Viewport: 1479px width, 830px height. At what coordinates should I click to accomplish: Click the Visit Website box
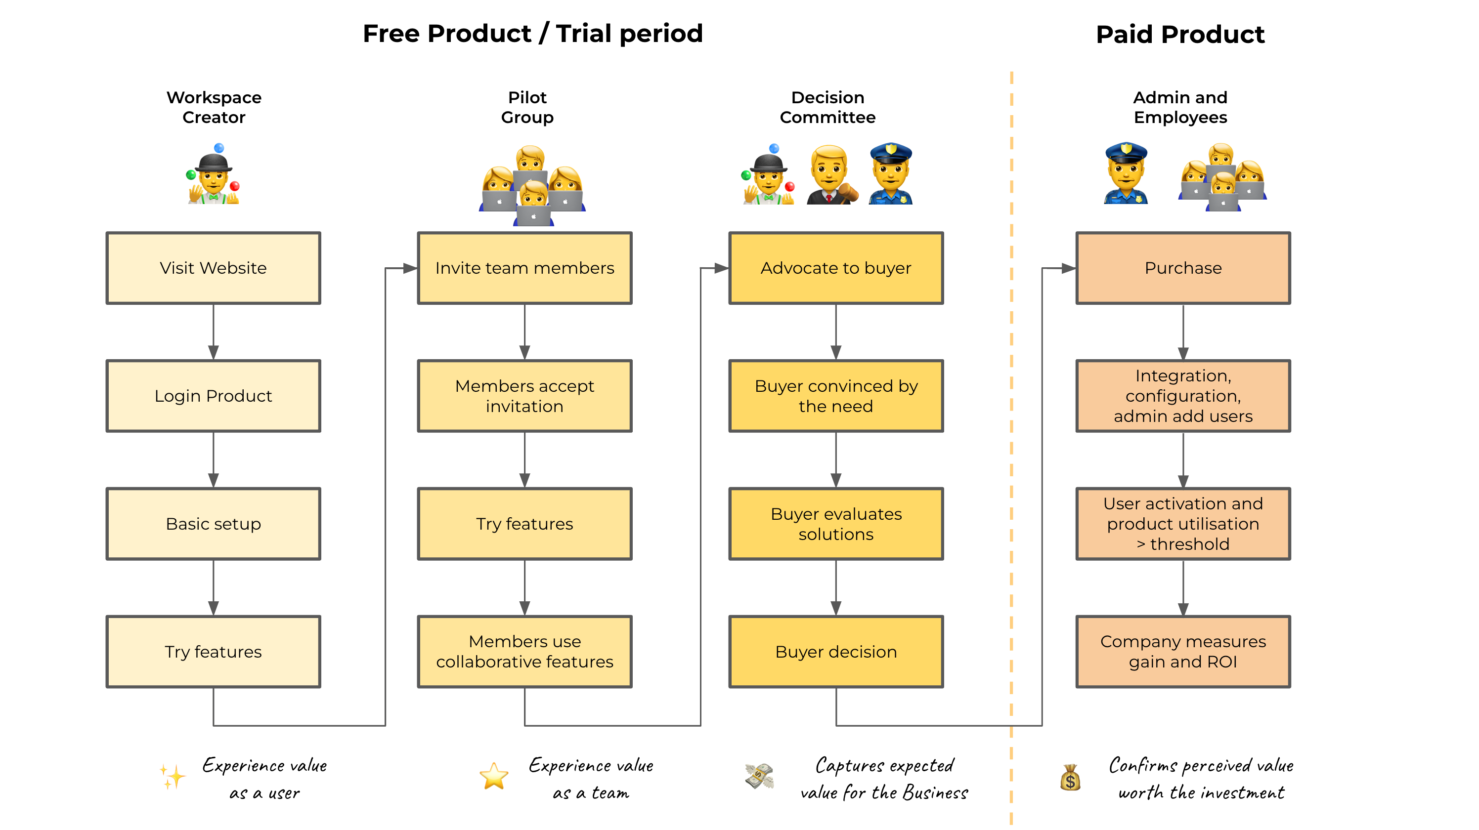[x=213, y=268]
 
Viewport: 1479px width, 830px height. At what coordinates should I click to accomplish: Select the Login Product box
[x=213, y=396]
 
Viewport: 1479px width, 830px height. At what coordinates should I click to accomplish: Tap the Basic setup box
[x=213, y=524]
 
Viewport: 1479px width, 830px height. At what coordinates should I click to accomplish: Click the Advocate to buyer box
[x=835, y=268]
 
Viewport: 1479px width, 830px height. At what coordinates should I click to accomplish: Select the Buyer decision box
[x=835, y=652]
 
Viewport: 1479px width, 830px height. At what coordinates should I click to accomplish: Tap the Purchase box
[x=1183, y=268]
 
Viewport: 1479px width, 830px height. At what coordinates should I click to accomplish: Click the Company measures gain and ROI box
[x=1183, y=652]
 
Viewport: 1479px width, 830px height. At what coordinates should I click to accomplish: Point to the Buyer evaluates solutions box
[x=835, y=524]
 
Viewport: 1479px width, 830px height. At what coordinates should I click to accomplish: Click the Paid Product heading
[x=1180, y=35]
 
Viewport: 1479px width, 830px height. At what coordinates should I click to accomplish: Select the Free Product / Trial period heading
[x=533, y=33]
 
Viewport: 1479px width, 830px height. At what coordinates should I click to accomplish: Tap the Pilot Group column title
[x=527, y=107]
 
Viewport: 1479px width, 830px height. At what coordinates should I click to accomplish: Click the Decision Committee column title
[x=827, y=107]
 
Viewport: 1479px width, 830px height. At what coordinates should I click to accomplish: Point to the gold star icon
[x=494, y=776]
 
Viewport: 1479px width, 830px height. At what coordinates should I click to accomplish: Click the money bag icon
[x=1070, y=778]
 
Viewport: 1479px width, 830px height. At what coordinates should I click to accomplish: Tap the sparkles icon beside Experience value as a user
[x=172, y=776]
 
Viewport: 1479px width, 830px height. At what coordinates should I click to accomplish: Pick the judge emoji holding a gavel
[x=831, y=175]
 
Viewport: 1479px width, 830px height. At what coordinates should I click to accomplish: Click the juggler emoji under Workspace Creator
[x=213, y=175]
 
